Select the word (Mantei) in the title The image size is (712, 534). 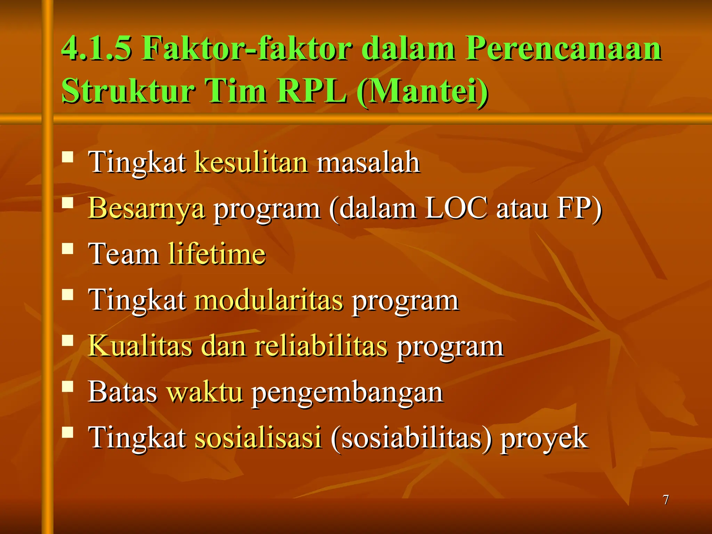pyautogui.click(x=423, y=91)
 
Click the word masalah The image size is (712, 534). pyautogui.click(x=369, y=162)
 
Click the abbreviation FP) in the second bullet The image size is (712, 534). pyautogui.click(x=579, y=208)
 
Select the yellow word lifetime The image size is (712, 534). pyautogui.click(x=217, y=253)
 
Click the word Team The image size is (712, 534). pyautogui.click(x=123, y=253)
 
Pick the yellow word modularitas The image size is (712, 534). pyautogui.click(x=269, y=300)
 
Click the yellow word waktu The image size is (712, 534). pyautogui.click(x=205, y=392)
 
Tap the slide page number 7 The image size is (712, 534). pyautogui.click(x=666, y=500)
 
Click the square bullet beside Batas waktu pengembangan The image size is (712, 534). pyautogui.click(x=68, y=386)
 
